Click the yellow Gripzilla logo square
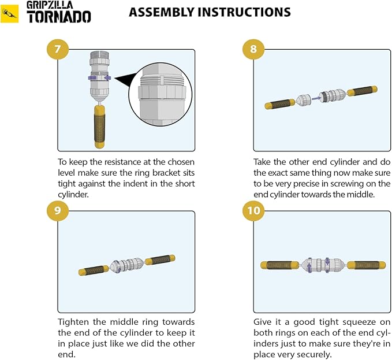pos(9,14)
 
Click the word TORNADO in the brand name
pos(59,17)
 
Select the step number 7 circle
pos(58,49)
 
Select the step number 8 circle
pos(253,49)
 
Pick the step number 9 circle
pos(58,210)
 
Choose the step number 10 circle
pos(253,210)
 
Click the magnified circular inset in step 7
pos(160,97)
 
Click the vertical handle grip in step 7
pos(99,127)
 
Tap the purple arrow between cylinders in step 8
pos(316,98)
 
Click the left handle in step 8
pos(280,103)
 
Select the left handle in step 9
pos(94,270)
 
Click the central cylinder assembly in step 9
pos(128,265)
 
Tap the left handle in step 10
pos(279,265)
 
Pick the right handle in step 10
pos(367,265)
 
